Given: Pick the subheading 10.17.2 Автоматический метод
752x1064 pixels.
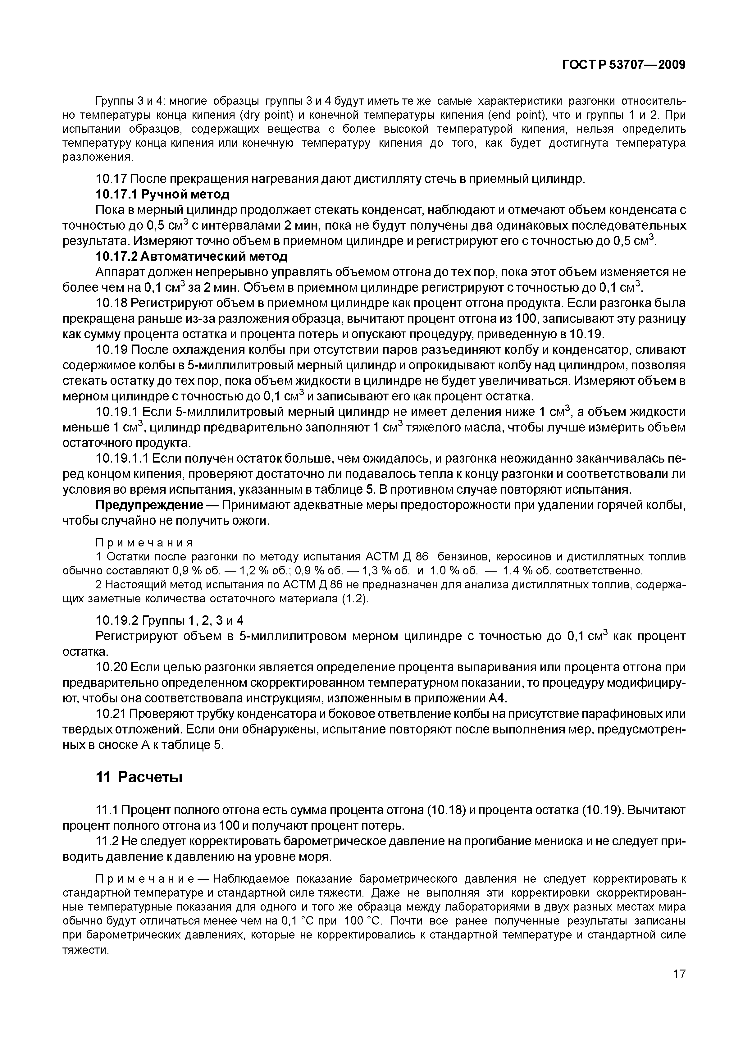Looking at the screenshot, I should tap(191, 256).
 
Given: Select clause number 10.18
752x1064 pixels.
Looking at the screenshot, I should tap(111, 303).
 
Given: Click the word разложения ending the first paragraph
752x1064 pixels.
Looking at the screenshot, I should tap(97, 157).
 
